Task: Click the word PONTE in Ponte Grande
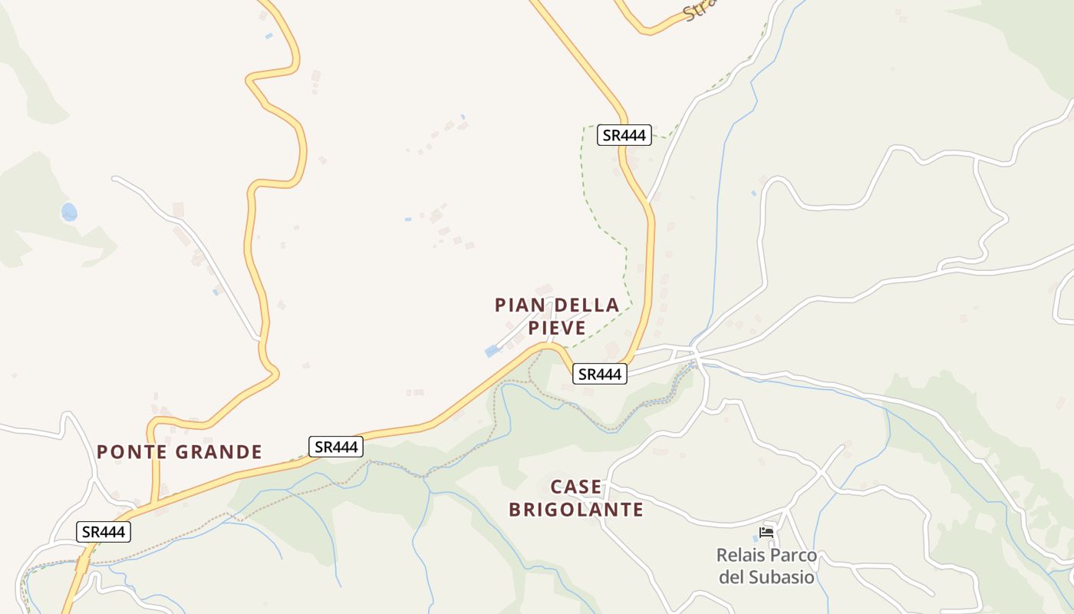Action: tap(133, 451)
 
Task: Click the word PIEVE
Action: tap(557, 328)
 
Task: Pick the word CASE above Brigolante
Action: tap(576, 487)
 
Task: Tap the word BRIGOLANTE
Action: tap(576, 509)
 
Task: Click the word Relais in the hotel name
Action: tap(739, 555)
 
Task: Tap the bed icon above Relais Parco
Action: tap(766, 532)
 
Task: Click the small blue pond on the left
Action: tap(69, 212)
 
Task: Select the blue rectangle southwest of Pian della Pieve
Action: tap(492, 351)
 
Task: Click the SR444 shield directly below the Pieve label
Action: tap(600, 374)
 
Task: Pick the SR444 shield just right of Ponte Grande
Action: tap(336, 447)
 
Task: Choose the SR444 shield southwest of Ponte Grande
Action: tap(104, 532)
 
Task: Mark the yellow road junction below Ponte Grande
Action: tap(155, 503)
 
